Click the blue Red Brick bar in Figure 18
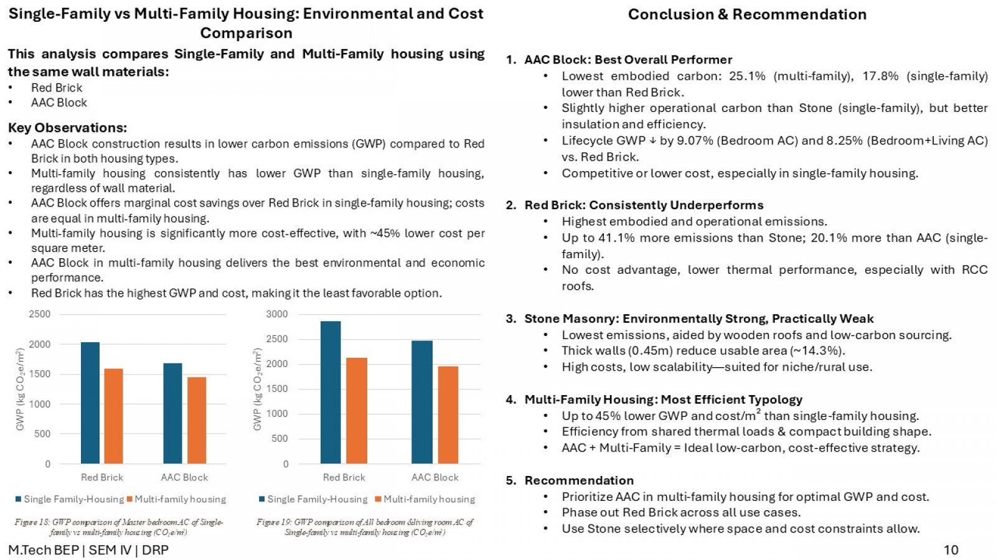coord(90,403)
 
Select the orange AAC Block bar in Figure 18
coord(197,421)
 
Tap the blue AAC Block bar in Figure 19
coord(422,402)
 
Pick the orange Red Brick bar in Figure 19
coord(357,411)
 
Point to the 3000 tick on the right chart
coord(277,314)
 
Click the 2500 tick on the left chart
coord(40,314)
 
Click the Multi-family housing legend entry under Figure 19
coord(425,499)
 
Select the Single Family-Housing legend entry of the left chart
coord(69,499)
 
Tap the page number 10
coord(951,550)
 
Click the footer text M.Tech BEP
coord(44,550)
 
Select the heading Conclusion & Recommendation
coord(747,14)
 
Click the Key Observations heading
coord(67,128)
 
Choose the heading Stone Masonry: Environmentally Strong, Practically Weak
coord(699,319)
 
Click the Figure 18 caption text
coord(119,527)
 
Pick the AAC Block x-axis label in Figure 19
coord(435,477)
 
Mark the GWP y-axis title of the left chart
coord(20,390)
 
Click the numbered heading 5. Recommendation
coord(570,480)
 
